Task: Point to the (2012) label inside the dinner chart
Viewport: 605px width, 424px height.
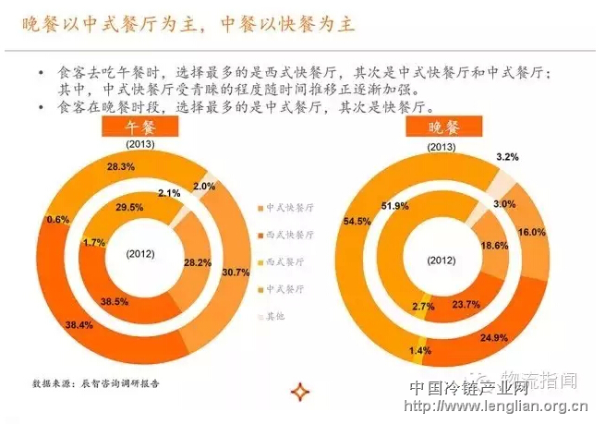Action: point(442,261)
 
